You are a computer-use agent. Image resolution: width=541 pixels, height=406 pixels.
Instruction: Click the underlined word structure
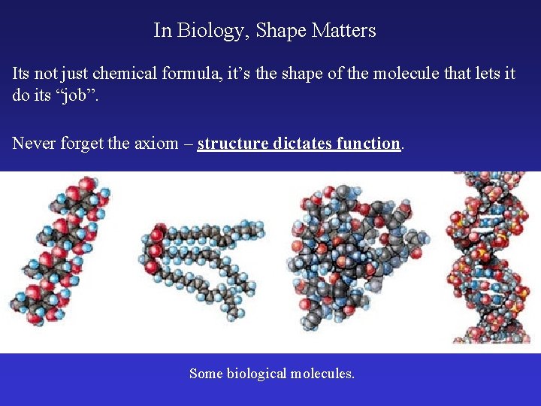(231, 143)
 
